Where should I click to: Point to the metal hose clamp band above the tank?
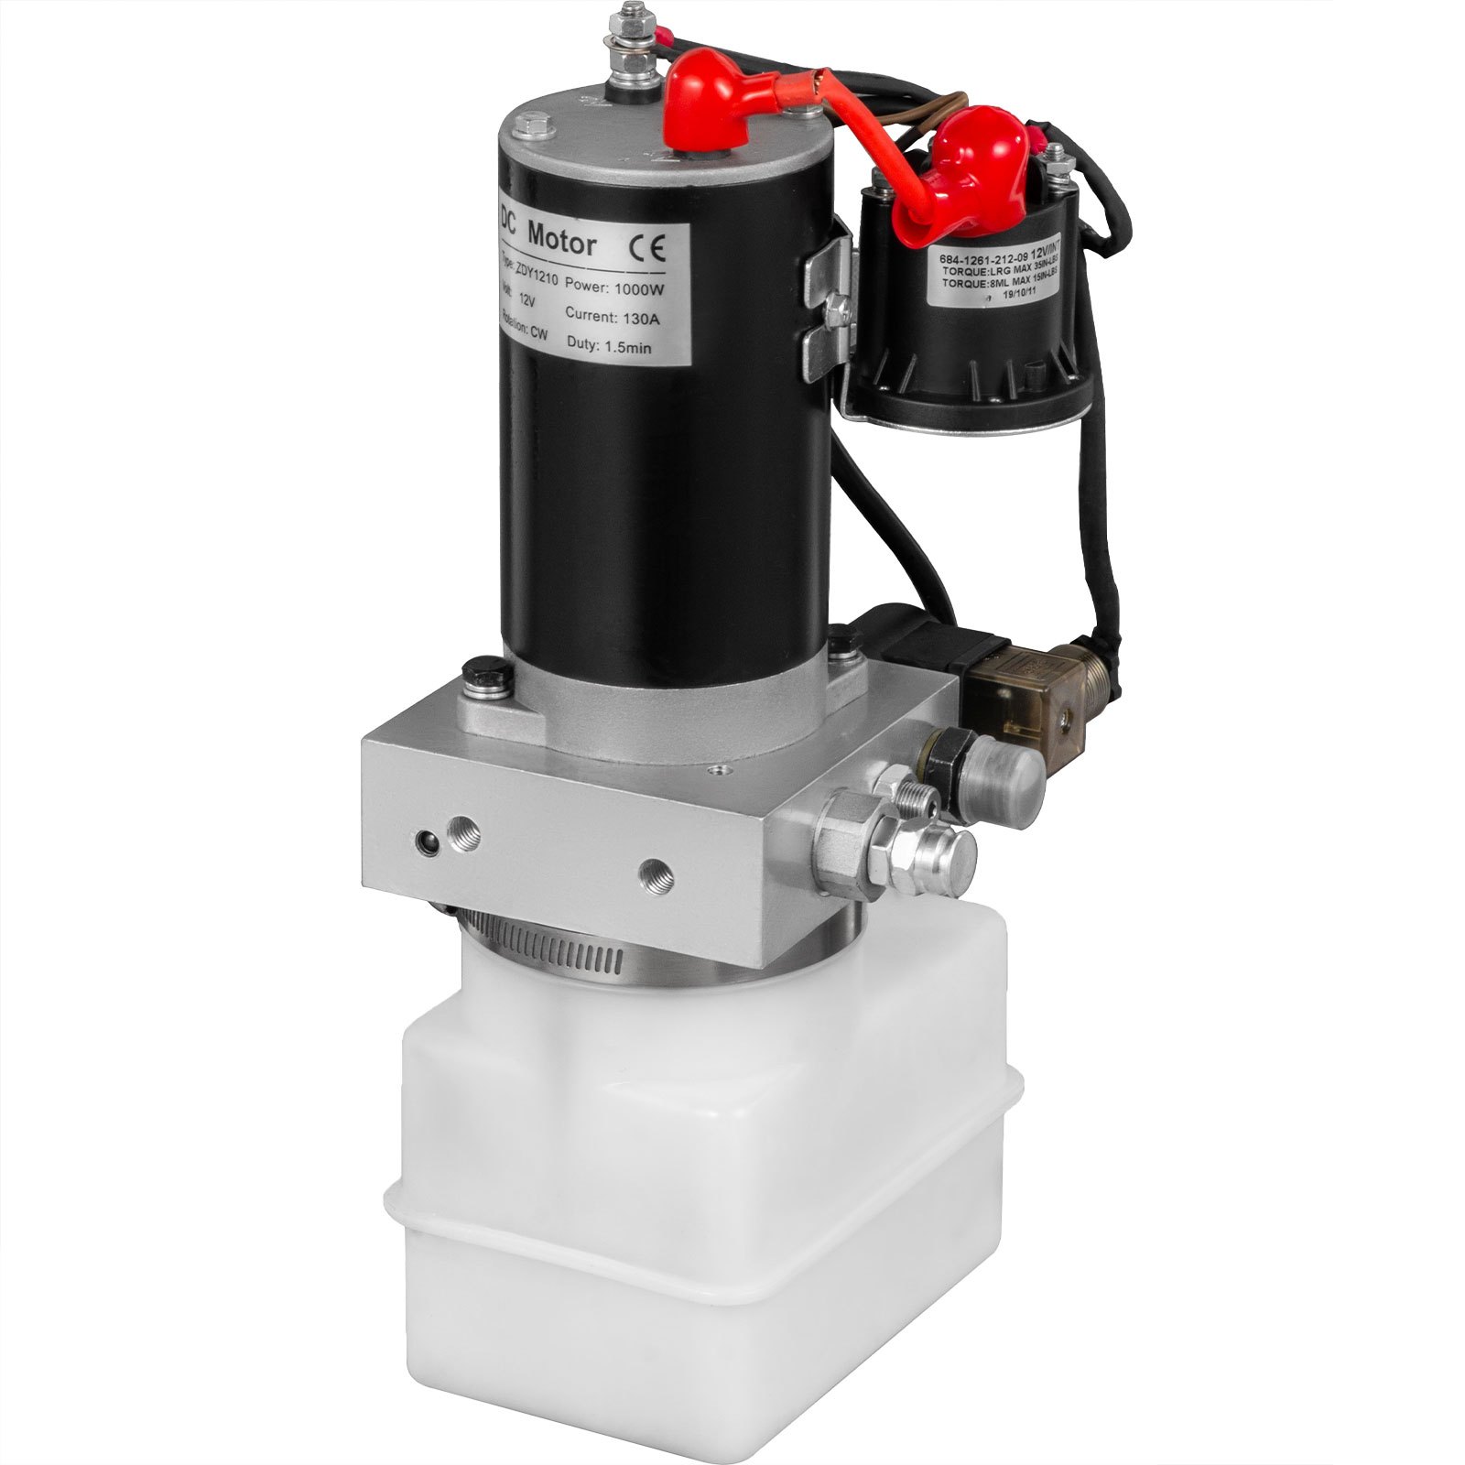(x=586, y=952)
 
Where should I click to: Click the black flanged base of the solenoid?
(x=971, y=394)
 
